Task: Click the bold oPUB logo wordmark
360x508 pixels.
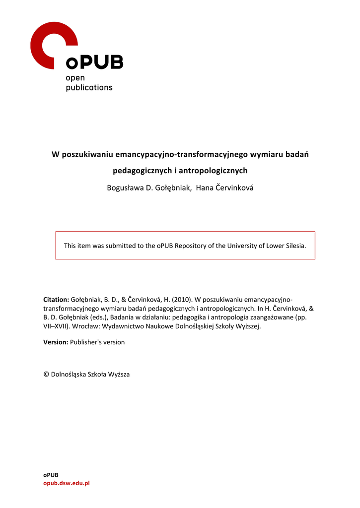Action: [x=94, y=63]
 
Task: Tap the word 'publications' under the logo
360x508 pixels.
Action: [x=89, y=87]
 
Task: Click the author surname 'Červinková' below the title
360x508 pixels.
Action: [x=234, y=188]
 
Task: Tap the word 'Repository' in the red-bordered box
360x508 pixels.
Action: [x=191, y=246]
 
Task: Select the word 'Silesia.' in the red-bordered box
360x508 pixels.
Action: [x=295, y=246]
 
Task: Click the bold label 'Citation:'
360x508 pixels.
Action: [x=56, y=300]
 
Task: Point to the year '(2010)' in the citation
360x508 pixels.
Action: [x=182, y=300]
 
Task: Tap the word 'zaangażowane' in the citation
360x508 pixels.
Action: [x=274, y=317]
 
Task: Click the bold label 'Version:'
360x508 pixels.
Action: [x=56, y=342]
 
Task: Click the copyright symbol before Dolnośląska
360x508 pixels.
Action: [x=46, y=375]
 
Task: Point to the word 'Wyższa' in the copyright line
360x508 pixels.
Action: [x=119, y=375]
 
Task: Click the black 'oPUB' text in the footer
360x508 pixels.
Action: [x=51, y=475]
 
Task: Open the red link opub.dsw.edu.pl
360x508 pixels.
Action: [x=67, y=483]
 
